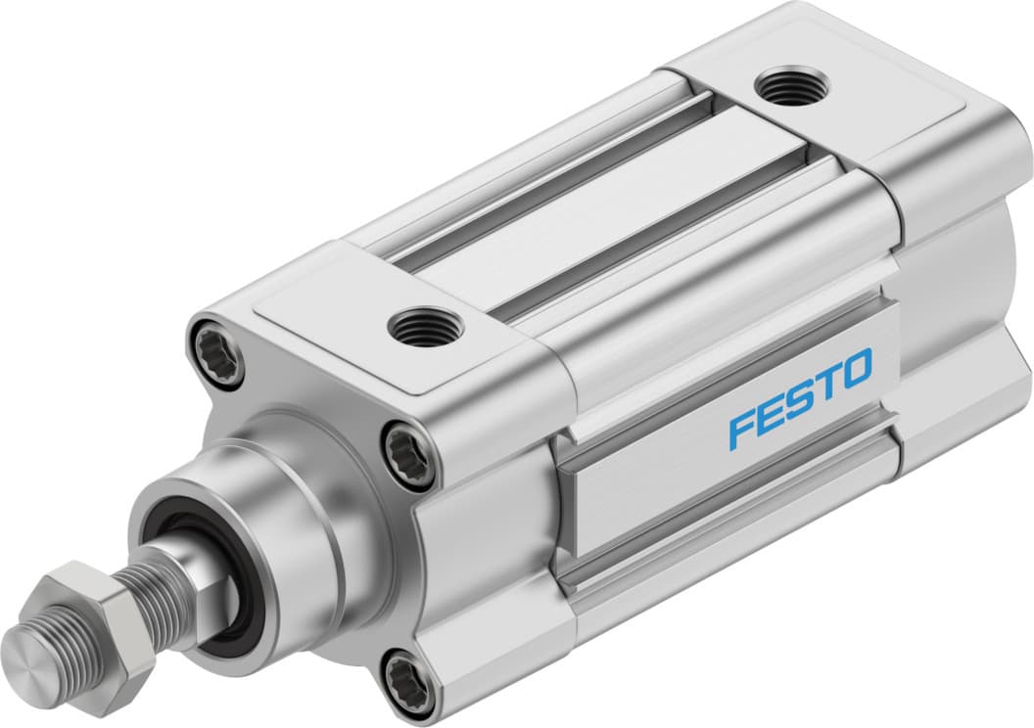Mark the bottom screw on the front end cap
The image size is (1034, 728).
pos(408,676)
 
